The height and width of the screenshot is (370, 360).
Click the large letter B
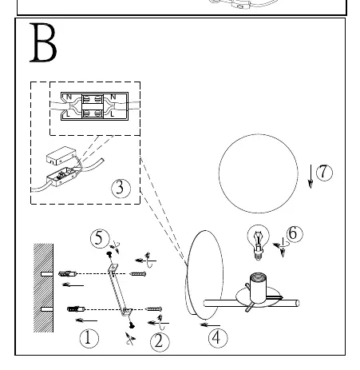click(x=43, y=42)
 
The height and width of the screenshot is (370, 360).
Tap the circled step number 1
click(x=89, y=339)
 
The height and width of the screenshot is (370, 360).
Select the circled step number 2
click(x=160, y=342)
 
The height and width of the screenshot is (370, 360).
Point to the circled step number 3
click(x=121, y=189)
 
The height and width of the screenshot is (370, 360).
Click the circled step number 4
click(x=218, y=338)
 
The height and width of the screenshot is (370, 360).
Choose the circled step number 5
click(x=100, y=238)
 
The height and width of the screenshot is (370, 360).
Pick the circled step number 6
click(x=295, y=234)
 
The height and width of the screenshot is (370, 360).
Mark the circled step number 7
click(x=324, y=173)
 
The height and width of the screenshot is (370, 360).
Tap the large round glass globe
click(x=259, y=173)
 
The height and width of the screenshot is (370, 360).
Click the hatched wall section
click(x=43, y=288)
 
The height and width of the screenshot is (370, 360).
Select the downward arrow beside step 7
click(x=311, y=177)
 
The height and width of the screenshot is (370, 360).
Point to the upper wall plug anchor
click(x=67, y=273)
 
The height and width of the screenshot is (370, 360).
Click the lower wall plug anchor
click(x=76, y=309)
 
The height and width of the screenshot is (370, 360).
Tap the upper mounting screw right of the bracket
click(x=138, y=273)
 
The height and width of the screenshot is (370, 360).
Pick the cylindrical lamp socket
click(x=258, y=288)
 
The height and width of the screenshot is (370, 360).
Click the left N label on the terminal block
click(x=69, y=97)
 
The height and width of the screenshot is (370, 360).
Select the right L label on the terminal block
click(x=113, y=114)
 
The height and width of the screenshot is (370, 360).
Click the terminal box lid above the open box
click(x=61, y=155)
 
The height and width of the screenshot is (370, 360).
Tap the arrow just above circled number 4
click(x=210, y=325)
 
